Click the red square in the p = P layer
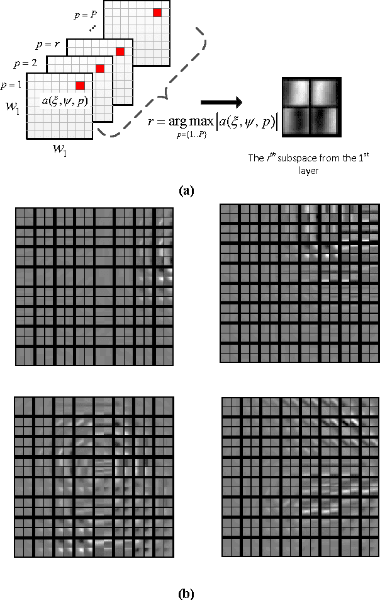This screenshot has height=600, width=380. pyautogui.click(x=157, y=12)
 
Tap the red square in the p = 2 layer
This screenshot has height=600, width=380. pyautogui.click(x=99, y=68)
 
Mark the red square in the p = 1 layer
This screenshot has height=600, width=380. pyautogui.click(x=81, y=85)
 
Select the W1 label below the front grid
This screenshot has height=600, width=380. pyautogui.click(x=60, y=150)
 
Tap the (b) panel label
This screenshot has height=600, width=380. pyautogui.click(x=186, y=592)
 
